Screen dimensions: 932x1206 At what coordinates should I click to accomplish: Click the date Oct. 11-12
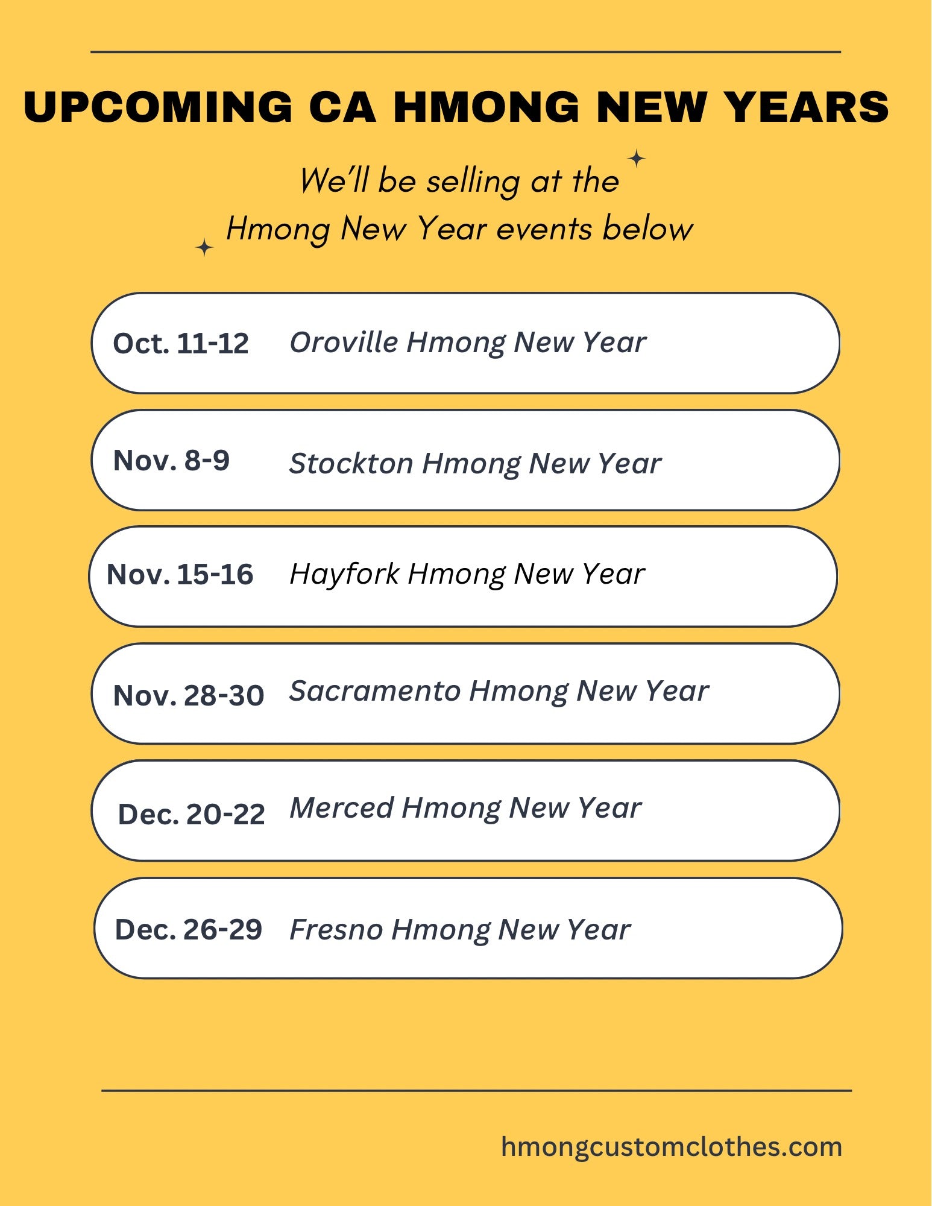tap(181, 343)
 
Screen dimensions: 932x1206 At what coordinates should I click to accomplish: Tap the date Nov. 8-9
tap(171, 460)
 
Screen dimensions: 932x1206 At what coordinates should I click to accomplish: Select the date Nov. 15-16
tap(180, 574)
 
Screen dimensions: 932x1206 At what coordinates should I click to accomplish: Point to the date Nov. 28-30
tap(189, 695)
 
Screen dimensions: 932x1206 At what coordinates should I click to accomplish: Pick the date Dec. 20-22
tap(192, 814)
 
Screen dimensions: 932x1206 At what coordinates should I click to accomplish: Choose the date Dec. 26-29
tap(189, 929)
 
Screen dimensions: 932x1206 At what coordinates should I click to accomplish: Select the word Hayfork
tap(345, 573)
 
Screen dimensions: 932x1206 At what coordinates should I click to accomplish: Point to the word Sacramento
tap(375, 690)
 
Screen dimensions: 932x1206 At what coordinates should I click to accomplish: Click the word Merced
tap(342, 807)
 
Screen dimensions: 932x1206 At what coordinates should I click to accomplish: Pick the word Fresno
tap(336, 929)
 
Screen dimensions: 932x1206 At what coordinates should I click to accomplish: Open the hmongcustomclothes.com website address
tap(672, 1147)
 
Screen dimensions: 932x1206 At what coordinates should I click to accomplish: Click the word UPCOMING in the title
tap(158, 107)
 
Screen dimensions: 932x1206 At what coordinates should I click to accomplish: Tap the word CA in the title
tap(342, 107)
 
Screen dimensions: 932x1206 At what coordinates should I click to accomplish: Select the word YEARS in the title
tap(806, 107)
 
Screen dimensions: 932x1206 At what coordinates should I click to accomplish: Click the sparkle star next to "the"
tap(637, 159)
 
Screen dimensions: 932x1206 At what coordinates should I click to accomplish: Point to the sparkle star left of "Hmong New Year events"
tap(204, 247)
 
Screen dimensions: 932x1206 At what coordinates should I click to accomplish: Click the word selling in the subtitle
tap(473, 182)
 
